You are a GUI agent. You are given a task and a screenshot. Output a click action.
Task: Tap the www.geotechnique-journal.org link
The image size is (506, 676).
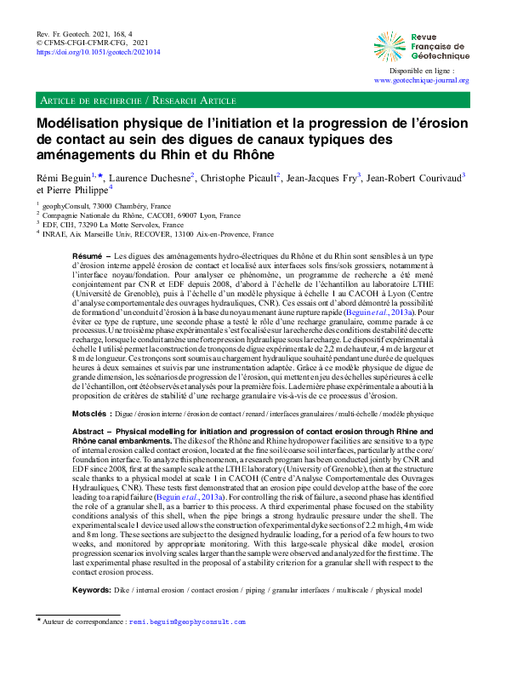coord(421,81)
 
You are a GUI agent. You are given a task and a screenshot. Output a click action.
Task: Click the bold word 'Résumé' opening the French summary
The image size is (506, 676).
coord(88,255)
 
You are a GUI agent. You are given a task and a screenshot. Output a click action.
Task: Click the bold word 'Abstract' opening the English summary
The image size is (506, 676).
coord(89,410)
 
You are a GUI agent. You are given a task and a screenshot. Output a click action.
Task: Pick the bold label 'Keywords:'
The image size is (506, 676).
coord(92,565)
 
